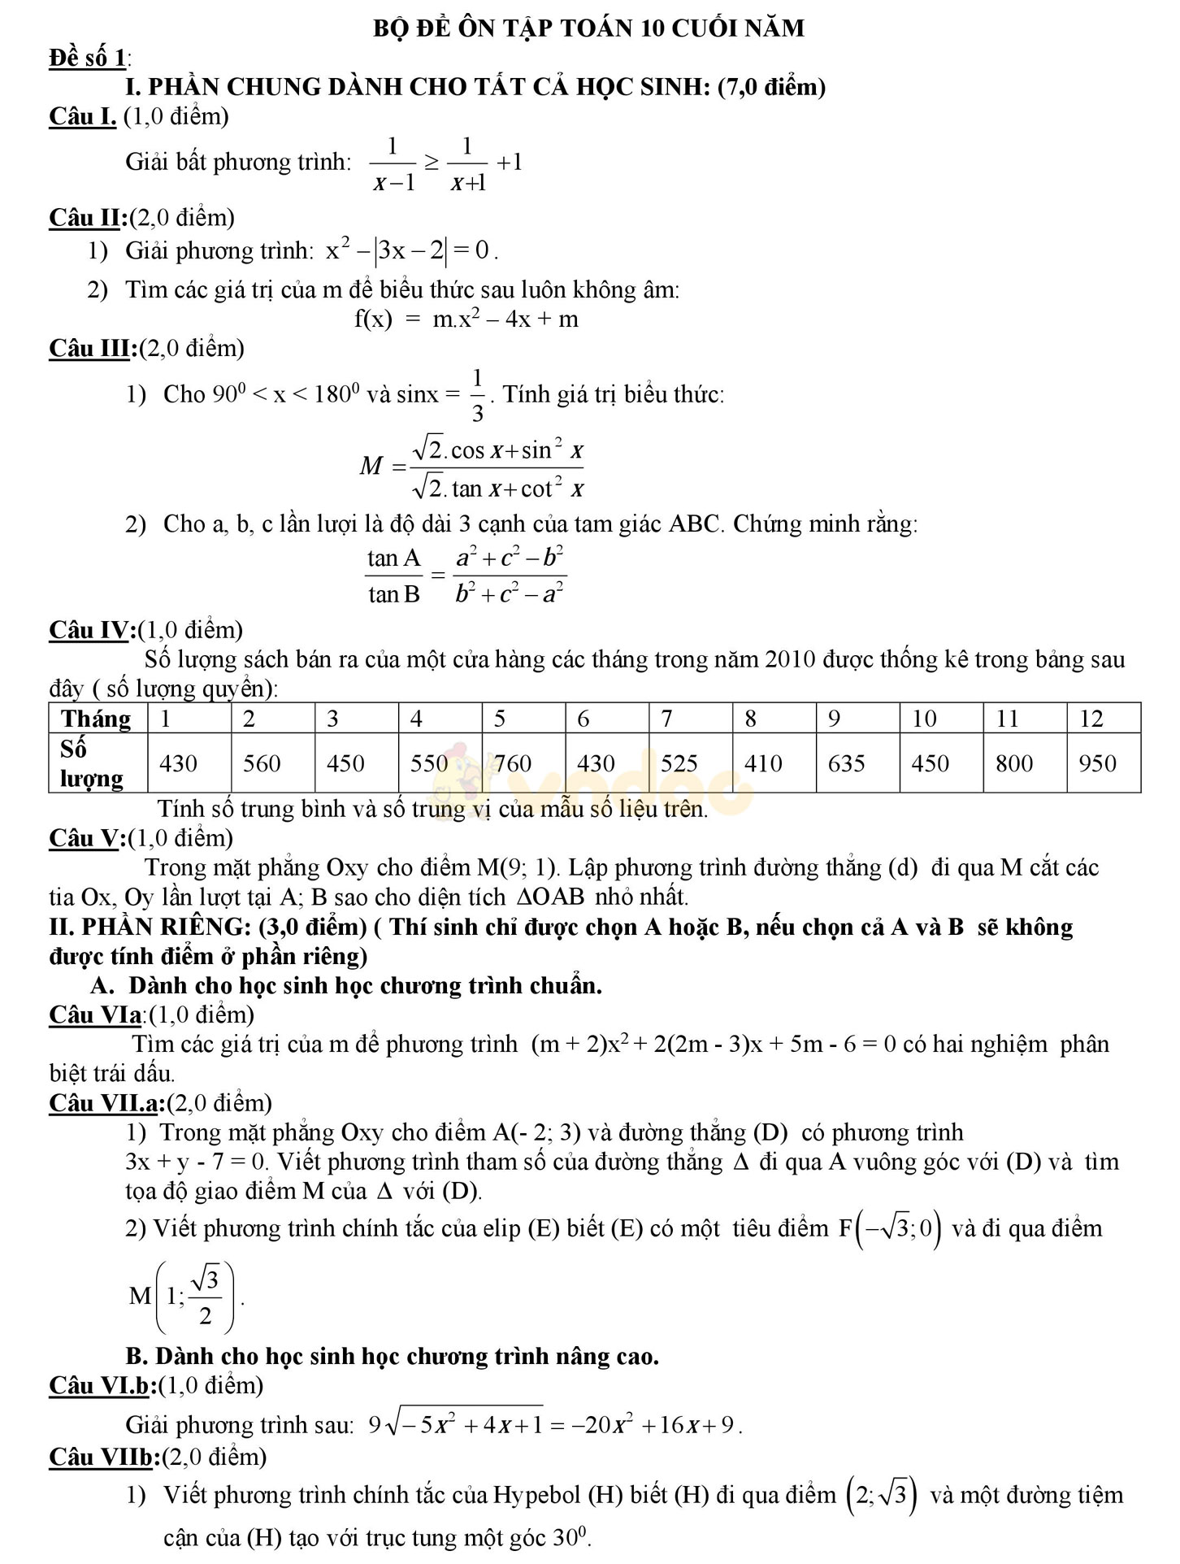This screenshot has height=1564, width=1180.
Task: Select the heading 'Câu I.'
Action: pos(83,116)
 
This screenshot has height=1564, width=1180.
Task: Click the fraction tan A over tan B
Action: pos(394,576)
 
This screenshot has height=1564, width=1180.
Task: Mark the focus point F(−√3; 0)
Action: pos(890,1227)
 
